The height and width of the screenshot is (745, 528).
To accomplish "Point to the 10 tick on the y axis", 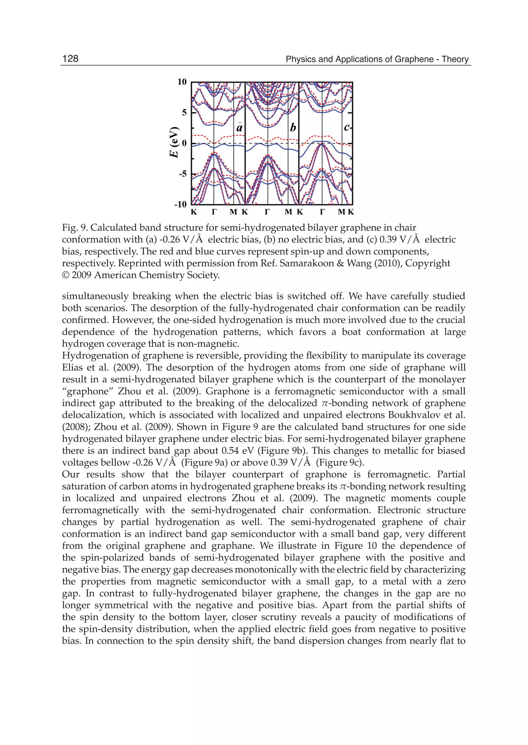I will click(x=182, y=82).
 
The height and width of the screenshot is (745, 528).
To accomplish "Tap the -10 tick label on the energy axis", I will click(x=180, y=204).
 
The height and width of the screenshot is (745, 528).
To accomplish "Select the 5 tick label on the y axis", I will click(x=184, y=112).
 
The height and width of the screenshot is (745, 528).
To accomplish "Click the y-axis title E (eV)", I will click(x=175, y=142).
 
